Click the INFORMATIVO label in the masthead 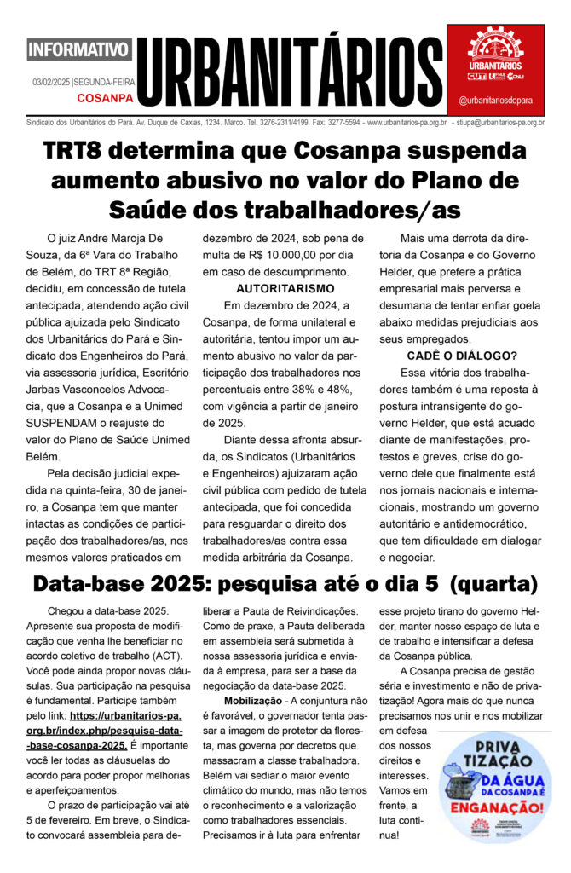coord(79,49)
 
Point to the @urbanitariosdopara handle coord(496,100)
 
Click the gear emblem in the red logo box coord(495,42)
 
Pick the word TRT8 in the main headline coord(89,153)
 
